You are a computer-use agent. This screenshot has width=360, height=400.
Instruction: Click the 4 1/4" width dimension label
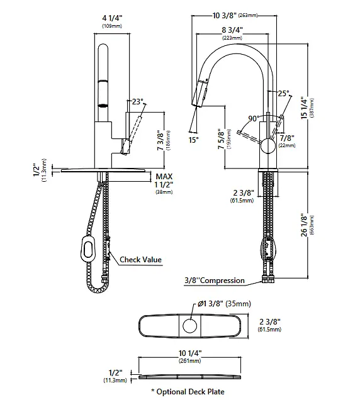112,18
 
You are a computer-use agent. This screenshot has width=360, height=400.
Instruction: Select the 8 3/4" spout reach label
232,30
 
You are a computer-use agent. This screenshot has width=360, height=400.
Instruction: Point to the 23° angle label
137,102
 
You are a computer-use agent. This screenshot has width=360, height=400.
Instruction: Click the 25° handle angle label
283,93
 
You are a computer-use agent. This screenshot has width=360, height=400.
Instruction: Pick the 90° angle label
254,119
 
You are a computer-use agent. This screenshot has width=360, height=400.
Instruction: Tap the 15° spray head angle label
194,140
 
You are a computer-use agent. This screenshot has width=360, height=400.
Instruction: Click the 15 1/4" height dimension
304,108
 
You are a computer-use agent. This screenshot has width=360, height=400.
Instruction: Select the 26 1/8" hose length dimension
304,225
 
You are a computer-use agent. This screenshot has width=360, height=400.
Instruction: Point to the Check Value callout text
141,260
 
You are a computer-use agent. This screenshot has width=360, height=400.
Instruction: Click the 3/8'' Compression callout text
215,281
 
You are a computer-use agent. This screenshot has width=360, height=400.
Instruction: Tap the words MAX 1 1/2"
164,181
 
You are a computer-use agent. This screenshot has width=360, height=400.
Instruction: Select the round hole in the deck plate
189,326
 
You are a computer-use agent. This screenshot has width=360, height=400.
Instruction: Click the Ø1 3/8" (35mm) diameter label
225,304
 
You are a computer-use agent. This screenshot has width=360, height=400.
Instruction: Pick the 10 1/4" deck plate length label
190,353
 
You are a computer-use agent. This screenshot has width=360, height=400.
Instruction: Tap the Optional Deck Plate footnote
188,392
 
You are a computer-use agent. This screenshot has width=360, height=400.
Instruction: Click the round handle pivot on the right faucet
268,146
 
